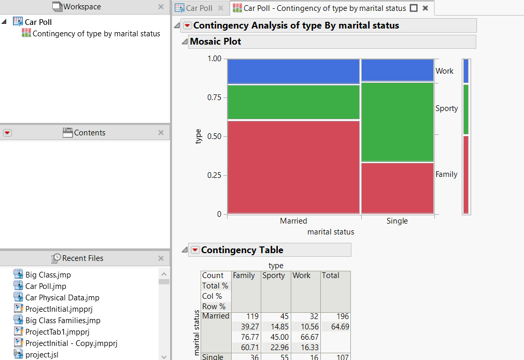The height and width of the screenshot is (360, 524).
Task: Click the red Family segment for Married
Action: pos(293,166)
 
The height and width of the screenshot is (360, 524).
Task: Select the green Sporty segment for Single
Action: pos(397,121)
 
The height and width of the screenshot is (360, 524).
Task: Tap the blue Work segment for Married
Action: pos(293,71)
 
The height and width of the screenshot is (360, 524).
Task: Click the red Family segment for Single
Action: pos(397,187)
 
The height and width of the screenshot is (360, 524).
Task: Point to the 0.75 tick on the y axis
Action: pos(214,98)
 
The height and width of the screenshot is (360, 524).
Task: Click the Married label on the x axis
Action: pos(293,221)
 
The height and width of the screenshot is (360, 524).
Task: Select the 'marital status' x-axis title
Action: pos(331,232)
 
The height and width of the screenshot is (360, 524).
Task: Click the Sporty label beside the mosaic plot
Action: pos(447,108)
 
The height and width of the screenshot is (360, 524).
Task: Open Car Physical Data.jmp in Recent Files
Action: pos(62,298)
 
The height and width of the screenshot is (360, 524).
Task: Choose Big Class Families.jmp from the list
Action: pos(63,321)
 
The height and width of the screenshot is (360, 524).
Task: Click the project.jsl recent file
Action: pos(45,354)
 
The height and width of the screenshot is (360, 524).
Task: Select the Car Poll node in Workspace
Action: pos(38,22)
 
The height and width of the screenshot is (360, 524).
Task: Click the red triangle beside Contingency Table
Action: pos(195,250)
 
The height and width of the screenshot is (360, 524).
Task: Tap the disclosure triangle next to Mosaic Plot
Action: pos(185,41)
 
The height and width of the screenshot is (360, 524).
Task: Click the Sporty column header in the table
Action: pos(274,275)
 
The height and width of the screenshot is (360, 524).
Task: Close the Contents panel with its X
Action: pos(161,133)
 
